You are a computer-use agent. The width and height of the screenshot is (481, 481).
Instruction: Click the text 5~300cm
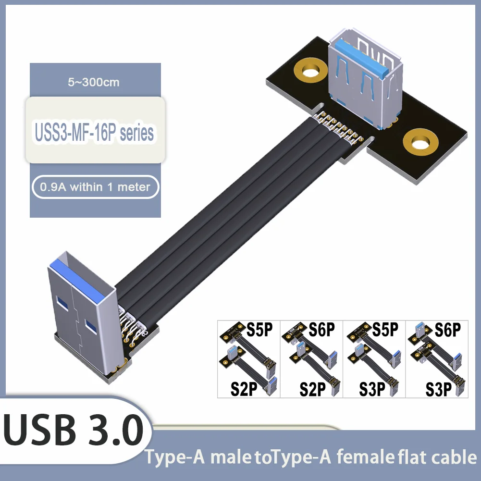(x=94, y=82)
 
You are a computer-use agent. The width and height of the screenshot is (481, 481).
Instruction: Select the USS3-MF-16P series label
(x=95, y=131)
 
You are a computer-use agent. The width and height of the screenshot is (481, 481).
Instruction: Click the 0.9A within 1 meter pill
(x=95, y=187)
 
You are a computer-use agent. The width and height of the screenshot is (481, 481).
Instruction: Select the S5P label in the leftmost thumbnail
(x=259, y=330)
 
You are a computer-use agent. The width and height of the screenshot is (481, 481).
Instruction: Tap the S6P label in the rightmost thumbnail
(x=447, y=330)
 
